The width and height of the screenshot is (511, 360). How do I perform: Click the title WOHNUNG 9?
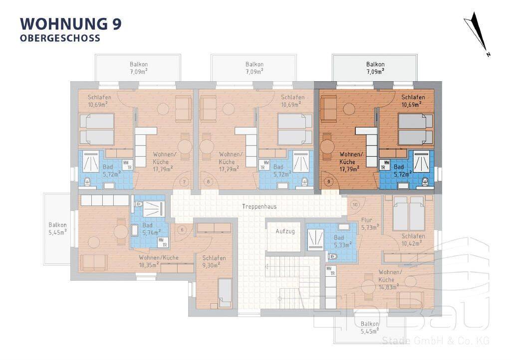pos(71,24)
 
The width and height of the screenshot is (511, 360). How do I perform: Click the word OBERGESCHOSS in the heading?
pos(60,38)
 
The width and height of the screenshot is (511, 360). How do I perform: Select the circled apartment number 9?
pos(328,181)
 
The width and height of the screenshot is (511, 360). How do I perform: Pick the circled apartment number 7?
pos(184,181)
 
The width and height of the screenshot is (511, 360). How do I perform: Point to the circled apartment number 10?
pos(355,205)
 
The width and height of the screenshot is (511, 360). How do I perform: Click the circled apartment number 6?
pos(182,230)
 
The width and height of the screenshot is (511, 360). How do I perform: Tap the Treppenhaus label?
pos(259,206)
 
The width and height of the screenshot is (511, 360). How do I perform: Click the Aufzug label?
pos(285,231)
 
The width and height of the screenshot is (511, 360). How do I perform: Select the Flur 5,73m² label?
pos(369,223)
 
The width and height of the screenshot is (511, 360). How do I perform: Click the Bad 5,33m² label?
pos(342,241)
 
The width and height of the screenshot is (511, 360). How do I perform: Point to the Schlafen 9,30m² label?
pos(214,261)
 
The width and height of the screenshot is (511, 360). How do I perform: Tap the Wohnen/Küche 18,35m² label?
pos(159,261)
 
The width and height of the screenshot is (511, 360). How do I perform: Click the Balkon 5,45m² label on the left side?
pos(58,228)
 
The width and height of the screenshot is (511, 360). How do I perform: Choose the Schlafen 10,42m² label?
pos(413,239)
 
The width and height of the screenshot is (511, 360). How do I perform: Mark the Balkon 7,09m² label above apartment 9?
pos(375,68)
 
